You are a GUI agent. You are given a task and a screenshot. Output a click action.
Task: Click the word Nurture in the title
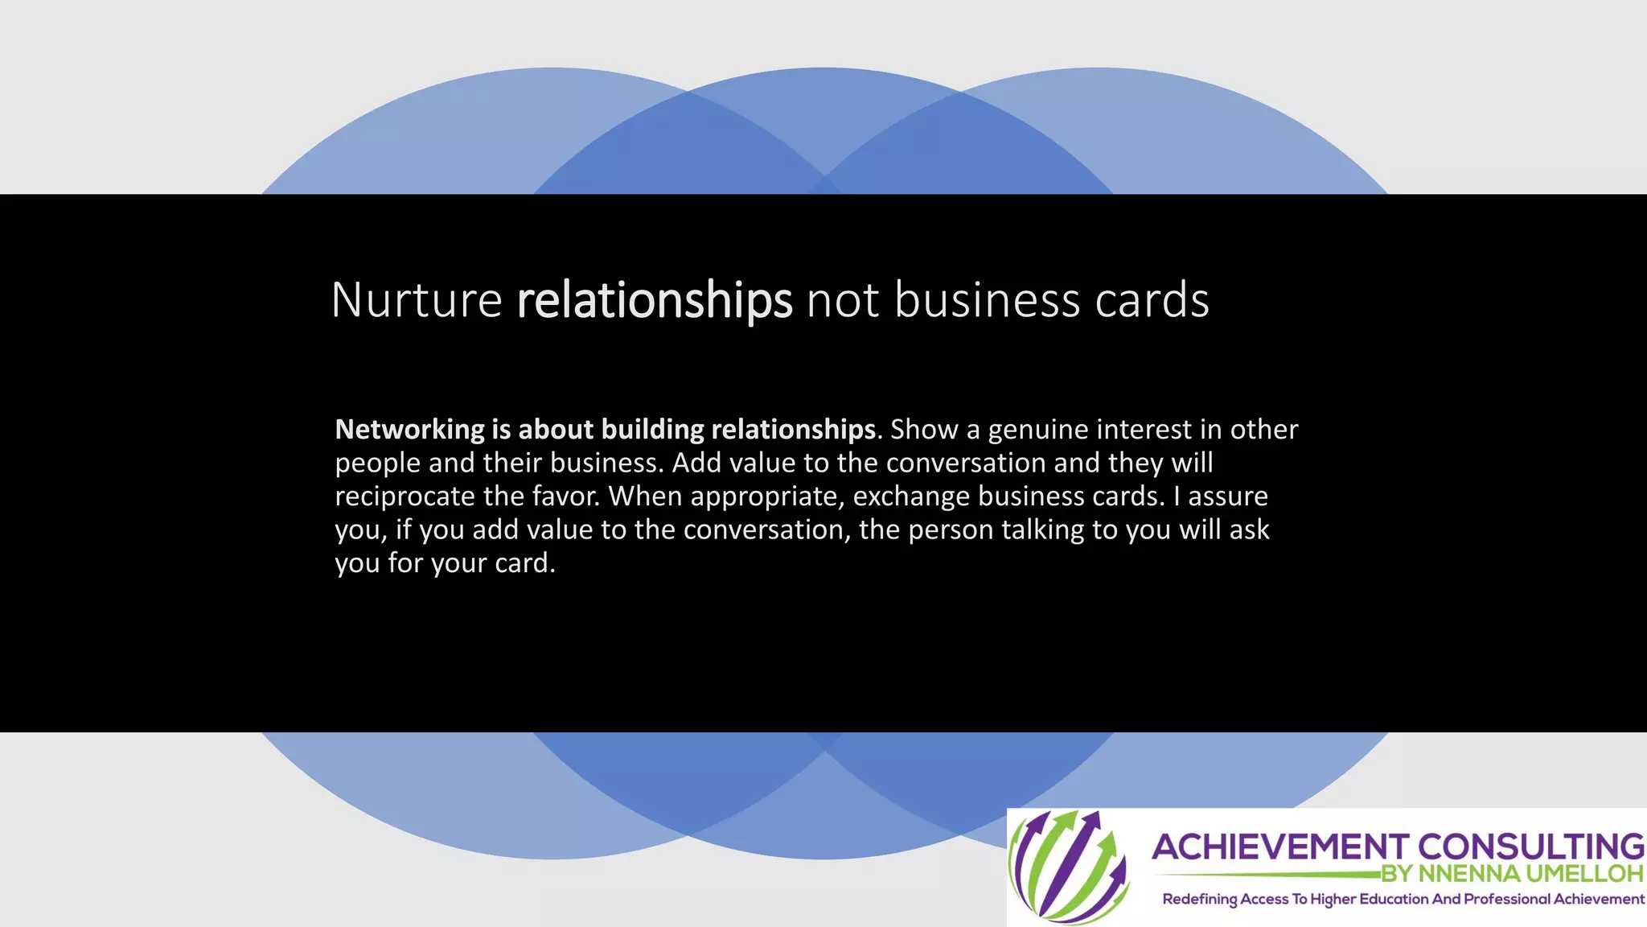click(x=417, y=300)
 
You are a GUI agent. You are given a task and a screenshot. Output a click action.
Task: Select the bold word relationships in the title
click(x=655, y=300)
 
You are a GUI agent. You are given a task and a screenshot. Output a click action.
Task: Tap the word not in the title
click(x=843, y=300)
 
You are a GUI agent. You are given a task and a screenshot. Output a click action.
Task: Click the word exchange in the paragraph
click(x=911, y=497)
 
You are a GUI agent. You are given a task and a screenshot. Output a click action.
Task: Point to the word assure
click(x=1227, y=496)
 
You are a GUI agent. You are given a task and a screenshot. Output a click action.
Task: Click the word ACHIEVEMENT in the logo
click(x=1279, y=847)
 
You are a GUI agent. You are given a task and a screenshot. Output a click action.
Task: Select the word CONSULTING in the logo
click(x=1530, y=847)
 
